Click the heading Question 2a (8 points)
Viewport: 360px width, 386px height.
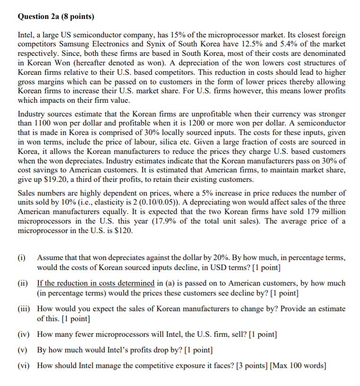[56, 17]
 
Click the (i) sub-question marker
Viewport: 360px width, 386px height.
[22, 258]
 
